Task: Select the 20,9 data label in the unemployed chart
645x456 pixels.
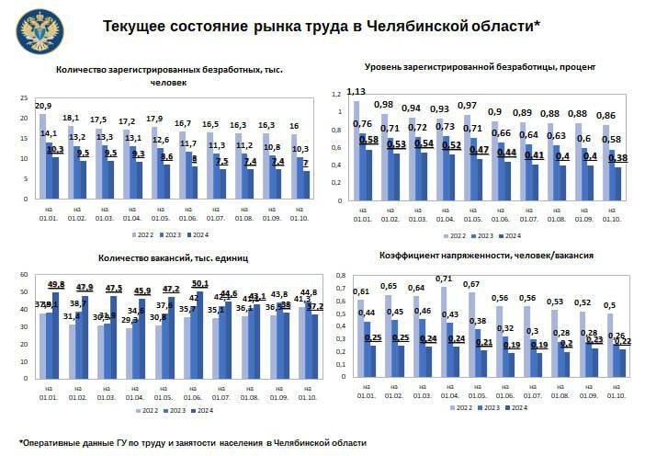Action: click(x=43, y=106)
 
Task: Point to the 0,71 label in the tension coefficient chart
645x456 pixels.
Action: click(x=444, y=279)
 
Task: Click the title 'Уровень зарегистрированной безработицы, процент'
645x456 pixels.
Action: click(x=481, y=67)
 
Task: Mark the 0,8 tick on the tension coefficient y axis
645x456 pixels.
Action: click(x=338, y=275)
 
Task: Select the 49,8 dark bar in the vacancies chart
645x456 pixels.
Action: click(x=56, y=330)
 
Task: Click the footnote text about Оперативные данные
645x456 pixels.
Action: click(x=193, y=442)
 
